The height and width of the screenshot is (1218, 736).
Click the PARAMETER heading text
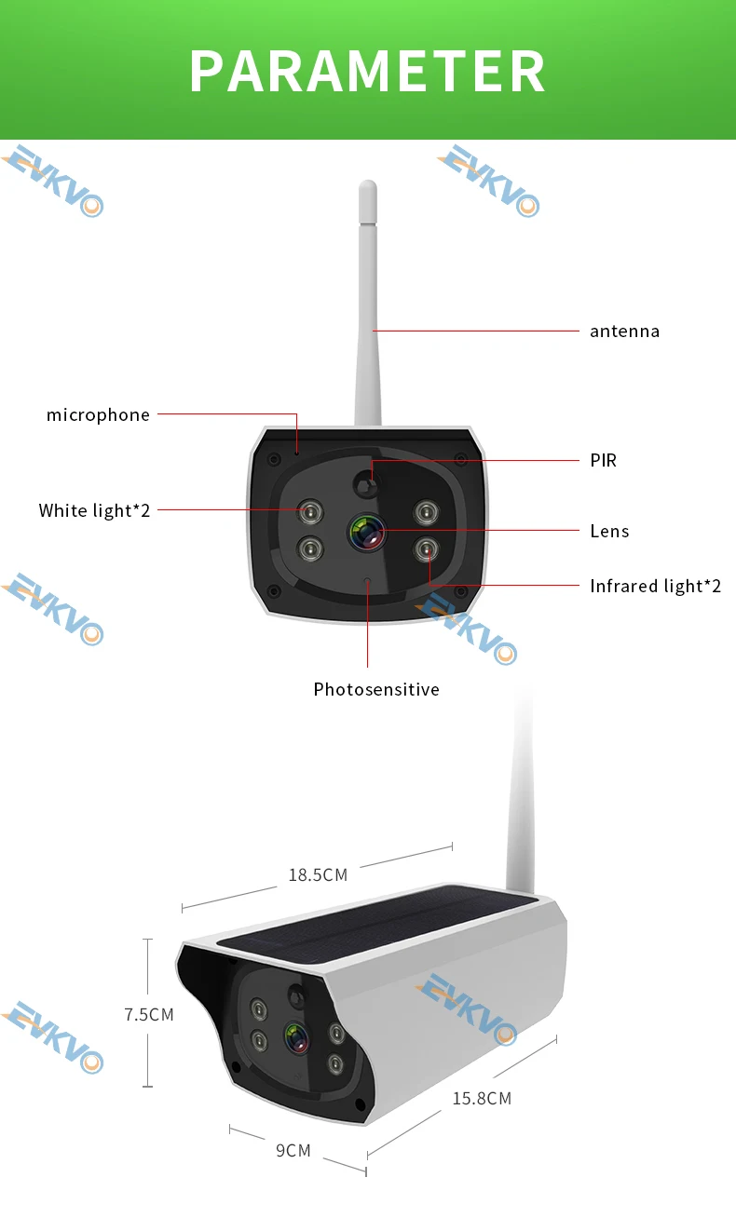[x=367, y=71]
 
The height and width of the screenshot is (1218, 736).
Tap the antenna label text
[x=624, y=331]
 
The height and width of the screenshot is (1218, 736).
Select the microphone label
[x=98, y=414]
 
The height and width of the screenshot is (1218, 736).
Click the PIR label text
[x=603, y=460]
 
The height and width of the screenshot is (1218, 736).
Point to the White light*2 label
[x=94, y=510]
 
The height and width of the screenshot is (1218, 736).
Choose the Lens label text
[x=609, y=531]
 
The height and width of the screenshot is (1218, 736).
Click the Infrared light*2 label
[x=655, y=586]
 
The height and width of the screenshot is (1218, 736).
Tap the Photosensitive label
[x=375, y=689]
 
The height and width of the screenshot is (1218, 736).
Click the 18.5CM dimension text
[x=318, y=874]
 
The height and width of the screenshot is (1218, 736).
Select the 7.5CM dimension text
[x=149, y=1014]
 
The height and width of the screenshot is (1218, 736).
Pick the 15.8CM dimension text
[x=482, y=1098]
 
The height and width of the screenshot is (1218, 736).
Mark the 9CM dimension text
[x=293, y=1150]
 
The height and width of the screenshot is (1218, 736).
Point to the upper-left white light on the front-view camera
[x=309, y=510]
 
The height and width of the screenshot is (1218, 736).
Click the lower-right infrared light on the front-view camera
[x=426, y=548]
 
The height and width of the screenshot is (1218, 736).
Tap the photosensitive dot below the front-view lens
[x=367, y=584]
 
